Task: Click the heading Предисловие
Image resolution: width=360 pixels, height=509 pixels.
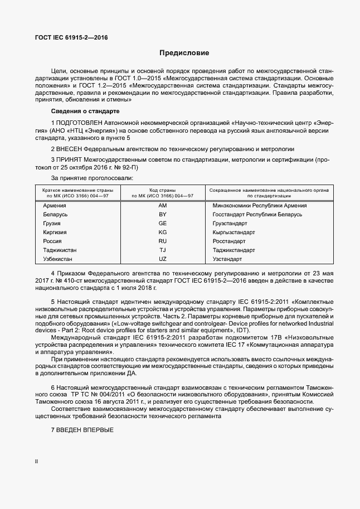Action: (x=184, y=54)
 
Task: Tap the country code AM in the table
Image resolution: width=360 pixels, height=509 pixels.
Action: (x=163, y=206)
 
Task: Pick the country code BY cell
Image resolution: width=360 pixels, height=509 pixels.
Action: (x=163, y=215)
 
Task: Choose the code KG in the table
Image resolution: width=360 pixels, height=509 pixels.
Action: (x=163, y=232)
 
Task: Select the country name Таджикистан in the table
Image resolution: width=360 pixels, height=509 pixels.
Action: (x=59, y=250)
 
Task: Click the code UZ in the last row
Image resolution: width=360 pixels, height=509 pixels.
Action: (x=163, y=259)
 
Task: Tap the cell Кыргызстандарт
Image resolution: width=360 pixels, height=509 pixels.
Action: (x=234, y=232)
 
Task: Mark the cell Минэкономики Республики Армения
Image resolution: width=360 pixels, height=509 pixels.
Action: (x=260, y=206)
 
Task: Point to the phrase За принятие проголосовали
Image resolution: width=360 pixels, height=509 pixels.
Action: (x=92, y=178)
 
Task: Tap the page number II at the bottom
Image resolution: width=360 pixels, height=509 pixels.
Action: (x=37, y=477)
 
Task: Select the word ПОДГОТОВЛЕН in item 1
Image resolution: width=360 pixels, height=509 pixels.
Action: (x=81, y=122)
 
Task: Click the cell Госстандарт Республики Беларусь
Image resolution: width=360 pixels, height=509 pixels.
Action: (x=257, y=215)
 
